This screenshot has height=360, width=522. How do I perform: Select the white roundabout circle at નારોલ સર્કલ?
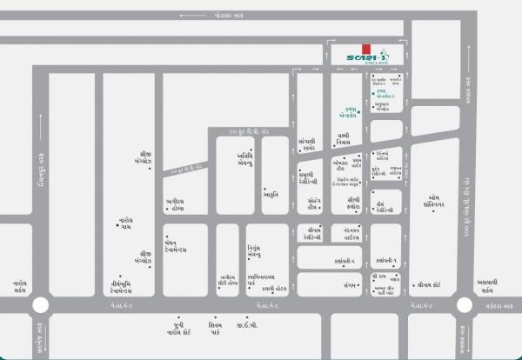pyautogui.click(x=40, y=305)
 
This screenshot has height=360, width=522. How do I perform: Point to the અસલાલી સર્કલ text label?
pyautogui.click(x=487, y=286)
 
